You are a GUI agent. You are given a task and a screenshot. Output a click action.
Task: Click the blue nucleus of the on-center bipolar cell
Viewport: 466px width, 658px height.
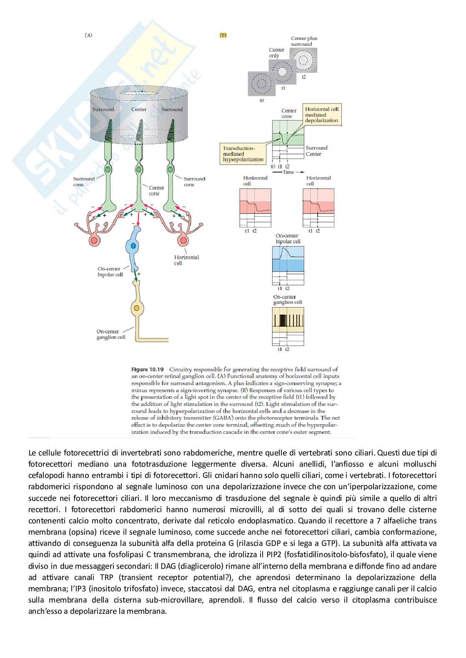click(133, 246)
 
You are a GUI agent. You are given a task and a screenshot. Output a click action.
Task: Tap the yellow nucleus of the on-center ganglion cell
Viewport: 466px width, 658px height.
click(136, 309)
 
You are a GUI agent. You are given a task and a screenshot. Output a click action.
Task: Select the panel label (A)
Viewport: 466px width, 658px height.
click(88, 35)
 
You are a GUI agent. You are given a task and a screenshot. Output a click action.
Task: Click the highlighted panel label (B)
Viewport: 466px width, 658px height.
click(223, 35)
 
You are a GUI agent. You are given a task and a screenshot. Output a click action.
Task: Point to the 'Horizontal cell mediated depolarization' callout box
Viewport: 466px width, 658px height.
click(321, 115)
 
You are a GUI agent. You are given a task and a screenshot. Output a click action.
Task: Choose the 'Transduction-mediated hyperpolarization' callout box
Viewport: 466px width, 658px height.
click(243, 154)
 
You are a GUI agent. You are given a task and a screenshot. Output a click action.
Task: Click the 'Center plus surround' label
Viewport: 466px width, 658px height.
click(304, 41)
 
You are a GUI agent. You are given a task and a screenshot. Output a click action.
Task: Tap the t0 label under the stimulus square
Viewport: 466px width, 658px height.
click(262, 100)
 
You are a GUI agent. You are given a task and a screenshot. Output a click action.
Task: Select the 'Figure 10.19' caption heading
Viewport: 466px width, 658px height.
click(148, 369)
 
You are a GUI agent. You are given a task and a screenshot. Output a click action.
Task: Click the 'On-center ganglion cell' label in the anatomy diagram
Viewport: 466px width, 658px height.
click(111, 334)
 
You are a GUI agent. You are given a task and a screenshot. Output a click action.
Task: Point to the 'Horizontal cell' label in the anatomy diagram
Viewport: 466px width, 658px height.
click(186, 260)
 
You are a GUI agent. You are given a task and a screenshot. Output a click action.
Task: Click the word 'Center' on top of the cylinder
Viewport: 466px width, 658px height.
click(139, 110)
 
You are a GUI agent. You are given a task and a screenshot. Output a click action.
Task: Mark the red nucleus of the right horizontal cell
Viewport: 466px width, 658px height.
click(183, 240)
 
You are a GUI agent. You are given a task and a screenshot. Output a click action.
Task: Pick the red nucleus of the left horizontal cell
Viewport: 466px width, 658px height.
click(94, 240)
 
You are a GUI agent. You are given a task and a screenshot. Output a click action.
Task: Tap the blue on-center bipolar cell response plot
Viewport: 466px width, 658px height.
click(288, 259)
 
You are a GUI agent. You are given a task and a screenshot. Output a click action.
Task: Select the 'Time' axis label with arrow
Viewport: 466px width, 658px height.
click(288, 172)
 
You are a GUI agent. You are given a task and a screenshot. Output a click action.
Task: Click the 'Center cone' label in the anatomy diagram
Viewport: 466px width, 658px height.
click(156, 190)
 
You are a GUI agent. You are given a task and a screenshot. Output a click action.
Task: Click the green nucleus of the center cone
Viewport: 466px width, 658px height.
click(139, 170)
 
